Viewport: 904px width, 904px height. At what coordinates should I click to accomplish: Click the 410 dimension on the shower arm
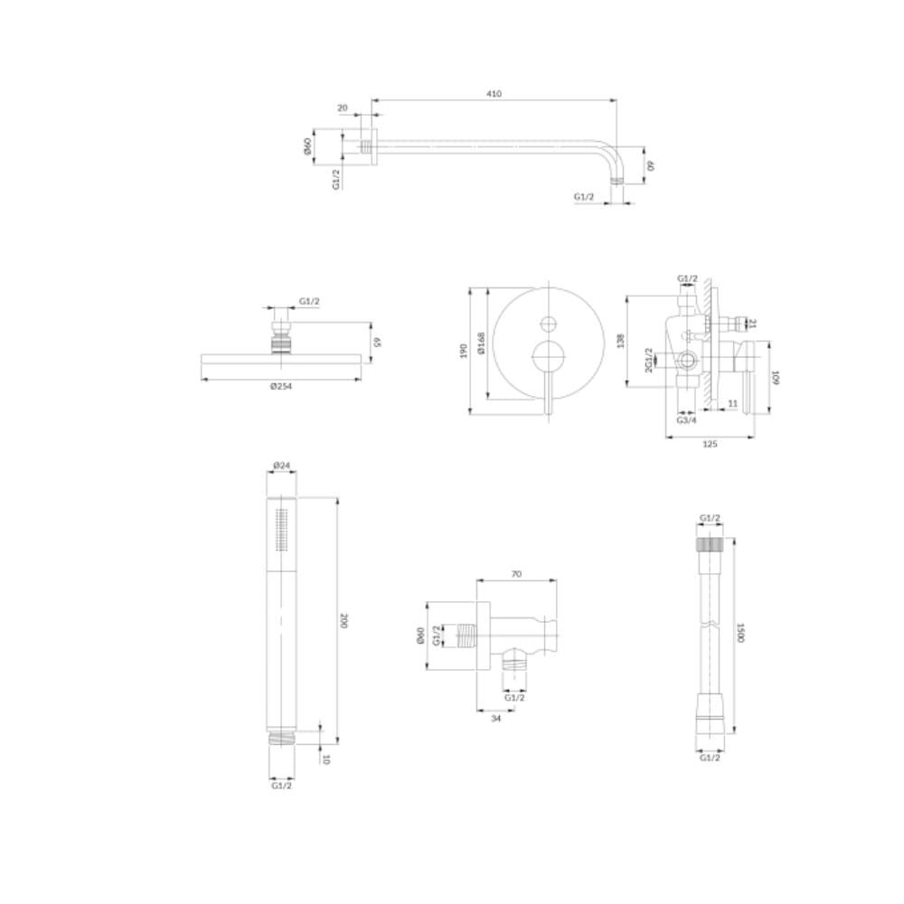click(494, 93)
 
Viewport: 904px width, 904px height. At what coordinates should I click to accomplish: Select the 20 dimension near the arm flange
click(343, 108)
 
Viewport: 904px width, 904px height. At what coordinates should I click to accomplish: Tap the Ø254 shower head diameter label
click(281, 386)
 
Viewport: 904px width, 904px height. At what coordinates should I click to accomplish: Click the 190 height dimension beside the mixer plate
click(464, 351)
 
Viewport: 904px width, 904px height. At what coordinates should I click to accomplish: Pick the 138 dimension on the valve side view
click(620, 341)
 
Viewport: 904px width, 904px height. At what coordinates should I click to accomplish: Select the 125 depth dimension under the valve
click(710, 444)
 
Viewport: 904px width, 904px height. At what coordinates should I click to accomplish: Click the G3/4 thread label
click(686, 420)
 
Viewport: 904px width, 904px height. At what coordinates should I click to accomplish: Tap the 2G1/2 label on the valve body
click(648, 360)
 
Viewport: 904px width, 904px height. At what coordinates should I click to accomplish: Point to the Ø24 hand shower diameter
click(281, 465)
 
